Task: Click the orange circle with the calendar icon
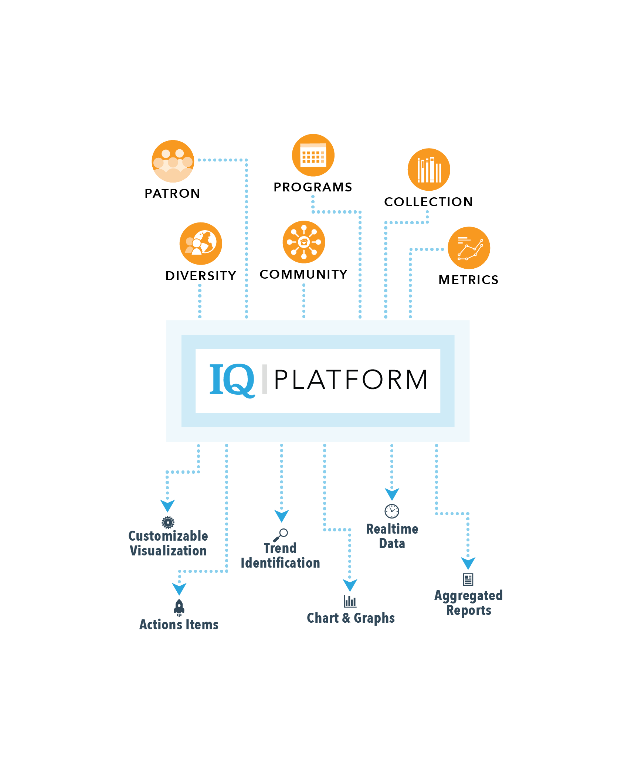pos(313,155)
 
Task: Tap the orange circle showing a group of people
pos(173,161)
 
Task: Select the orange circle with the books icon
pos(429,170)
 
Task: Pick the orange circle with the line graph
pos(469,248)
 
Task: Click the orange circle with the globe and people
pos(201,244)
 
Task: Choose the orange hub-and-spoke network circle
pos(304,242)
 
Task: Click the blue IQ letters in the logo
pos(232,380)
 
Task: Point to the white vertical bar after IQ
pos(265,379)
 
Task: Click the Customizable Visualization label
pos(168,543)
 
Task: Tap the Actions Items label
pos(179,625)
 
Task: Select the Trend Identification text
pos(280,555)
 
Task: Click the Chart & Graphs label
pos(351,618)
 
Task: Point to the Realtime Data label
pos(392,536)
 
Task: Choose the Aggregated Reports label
pos(468,603)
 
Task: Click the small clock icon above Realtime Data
pos(392,511)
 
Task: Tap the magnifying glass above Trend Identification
pos(281,535)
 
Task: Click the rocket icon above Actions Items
pos(179,607)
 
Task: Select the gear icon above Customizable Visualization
pos(168,522)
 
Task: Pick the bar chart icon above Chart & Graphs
pos(350,601)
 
